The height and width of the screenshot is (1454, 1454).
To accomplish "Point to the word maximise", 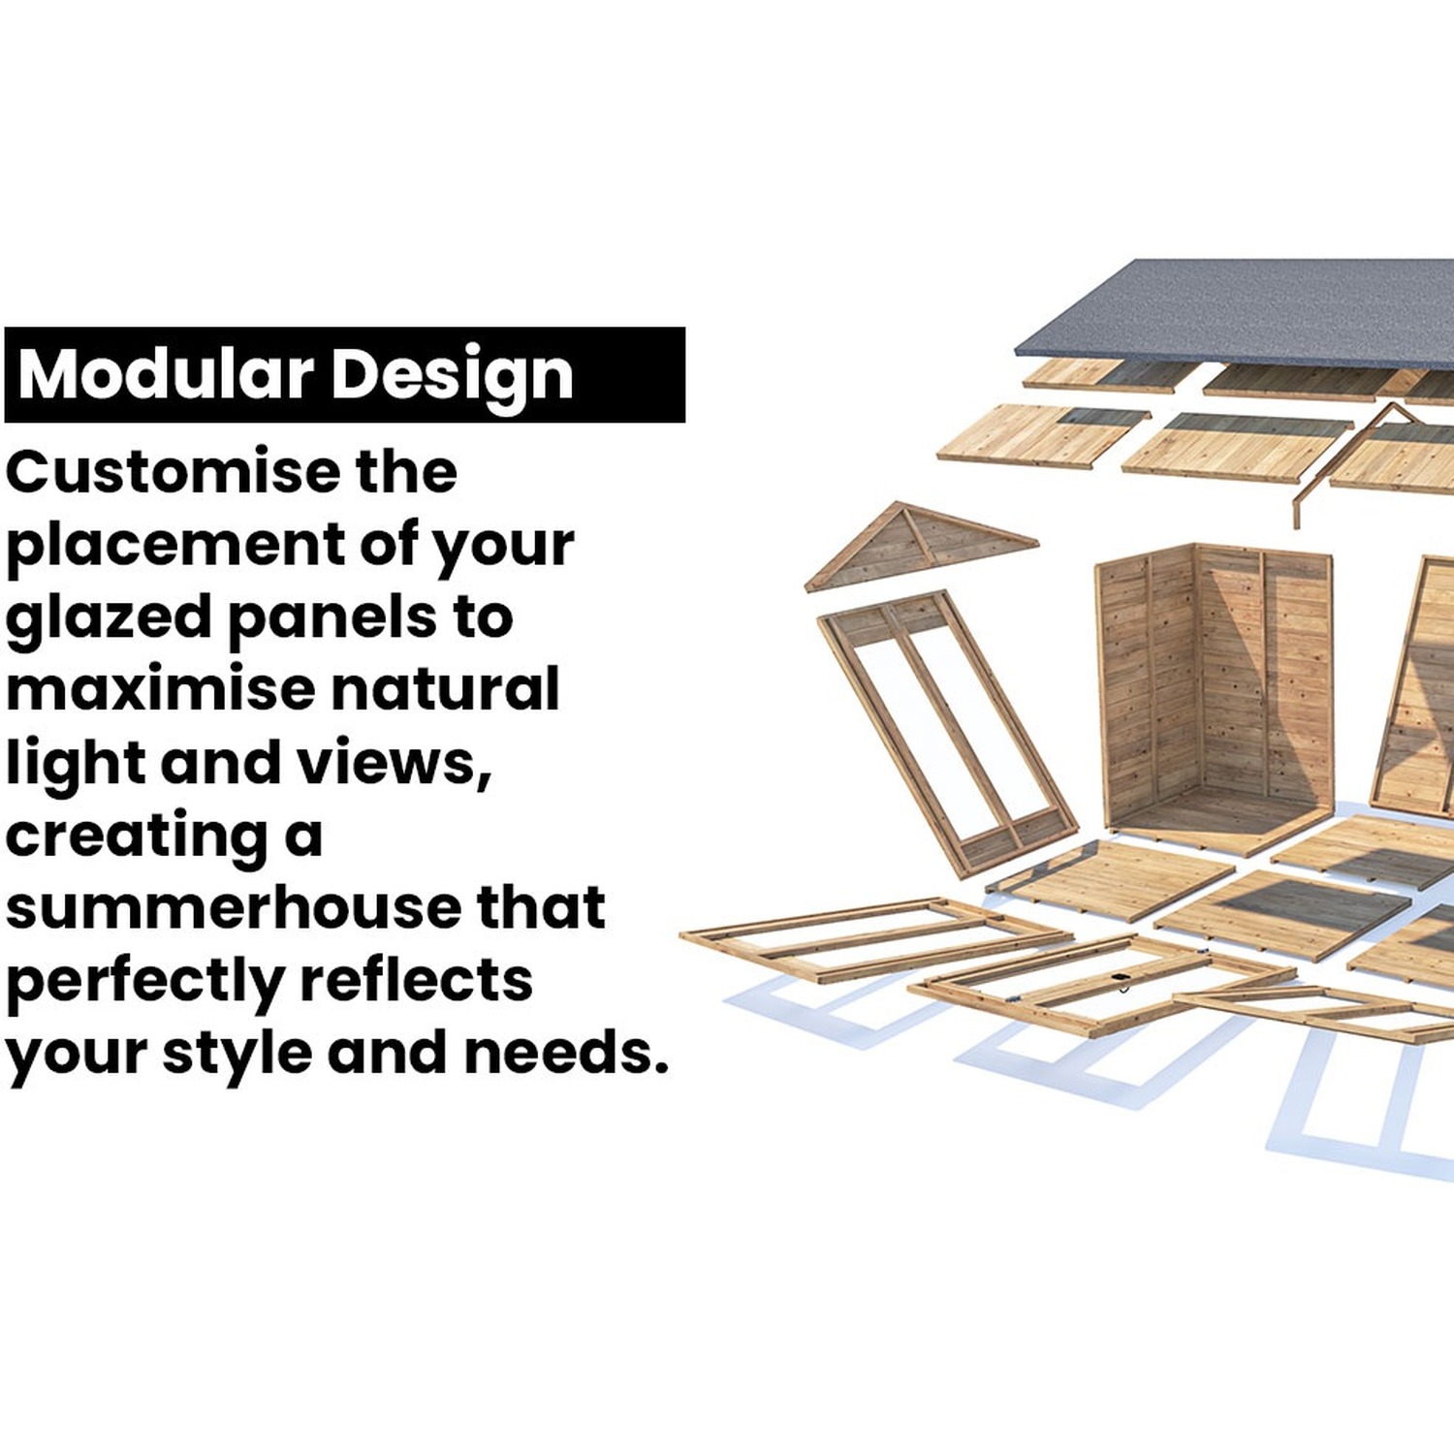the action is point(161,688).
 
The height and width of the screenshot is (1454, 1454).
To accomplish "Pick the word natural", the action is point(445,688).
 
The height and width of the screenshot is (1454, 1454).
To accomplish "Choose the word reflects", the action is point(416,979).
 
